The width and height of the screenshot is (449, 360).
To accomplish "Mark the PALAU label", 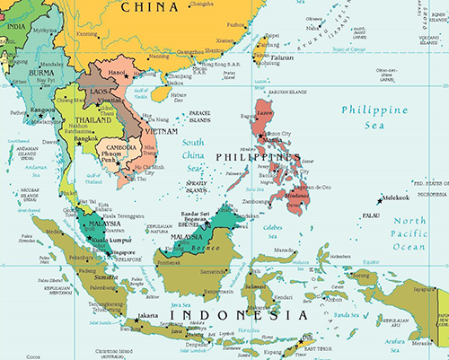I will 371,215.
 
